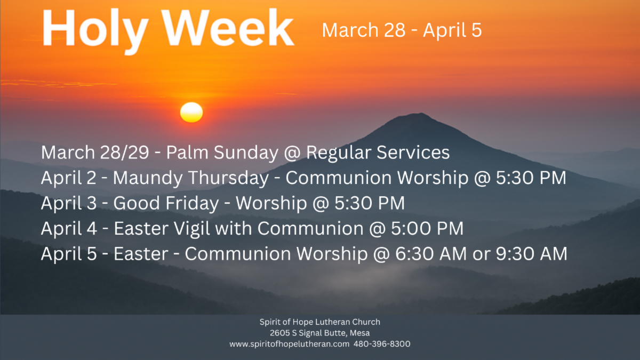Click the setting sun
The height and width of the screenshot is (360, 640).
191,112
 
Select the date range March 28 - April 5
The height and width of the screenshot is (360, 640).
402,30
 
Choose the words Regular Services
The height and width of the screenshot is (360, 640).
378,153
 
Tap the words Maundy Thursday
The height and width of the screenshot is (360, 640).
191,178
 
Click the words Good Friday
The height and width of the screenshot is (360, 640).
166,203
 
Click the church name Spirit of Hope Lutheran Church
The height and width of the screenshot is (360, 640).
319,322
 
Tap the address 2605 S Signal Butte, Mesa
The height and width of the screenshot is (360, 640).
319,333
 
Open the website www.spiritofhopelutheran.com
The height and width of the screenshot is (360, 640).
289,344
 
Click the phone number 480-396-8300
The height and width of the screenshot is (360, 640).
381,344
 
